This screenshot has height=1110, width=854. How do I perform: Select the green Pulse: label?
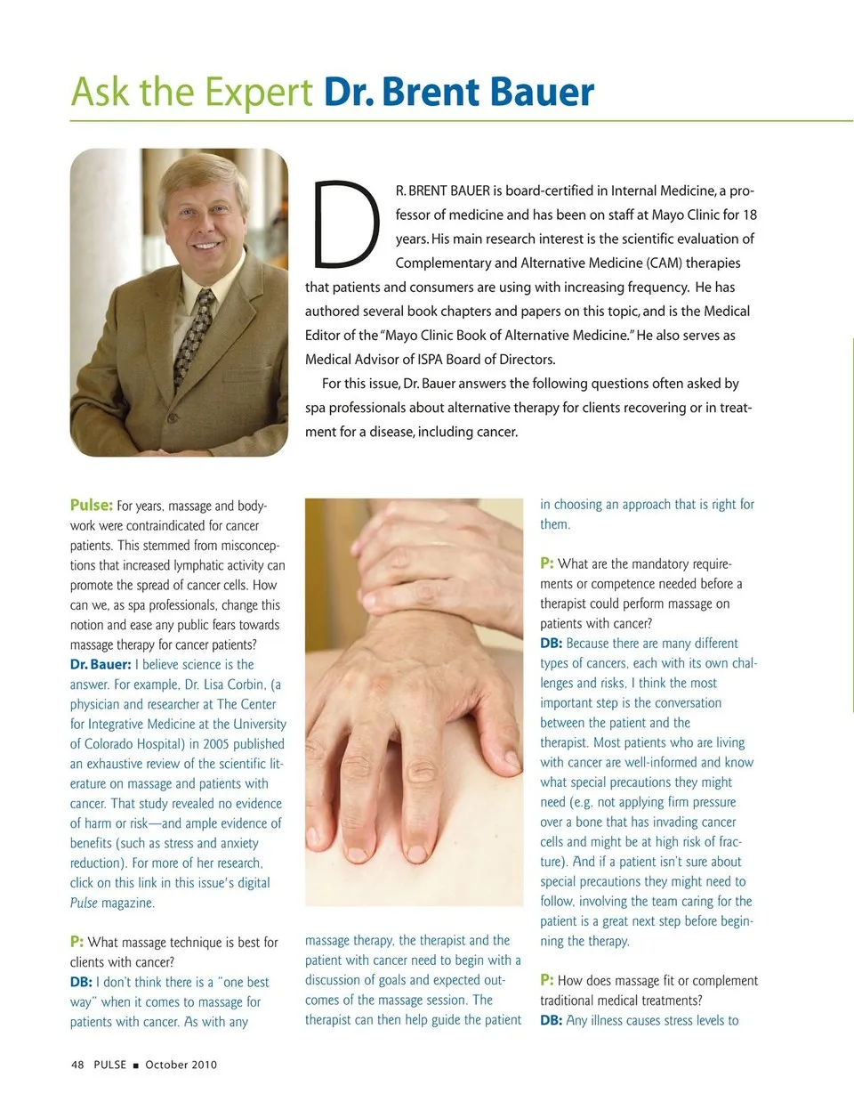pyautogui.click(x=92, y=505)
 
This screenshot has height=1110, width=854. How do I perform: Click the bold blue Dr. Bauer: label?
pyautogui.click(x=101, y=664)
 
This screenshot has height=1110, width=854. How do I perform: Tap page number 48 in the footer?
pyautogui.click(x=77, y=1065)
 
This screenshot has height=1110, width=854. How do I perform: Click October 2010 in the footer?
pyautogui.click(x=181, y=1065)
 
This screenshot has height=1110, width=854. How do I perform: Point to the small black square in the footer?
pyautogui.click(x=136, y=1065)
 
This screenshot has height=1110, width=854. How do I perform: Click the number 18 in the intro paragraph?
pyautogui.click(x=749, y=215)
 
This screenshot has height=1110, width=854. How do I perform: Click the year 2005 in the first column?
pyautogui.click(x=216, y=744)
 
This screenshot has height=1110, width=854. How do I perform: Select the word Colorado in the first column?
pyautogui.click(x=113, y=744)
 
